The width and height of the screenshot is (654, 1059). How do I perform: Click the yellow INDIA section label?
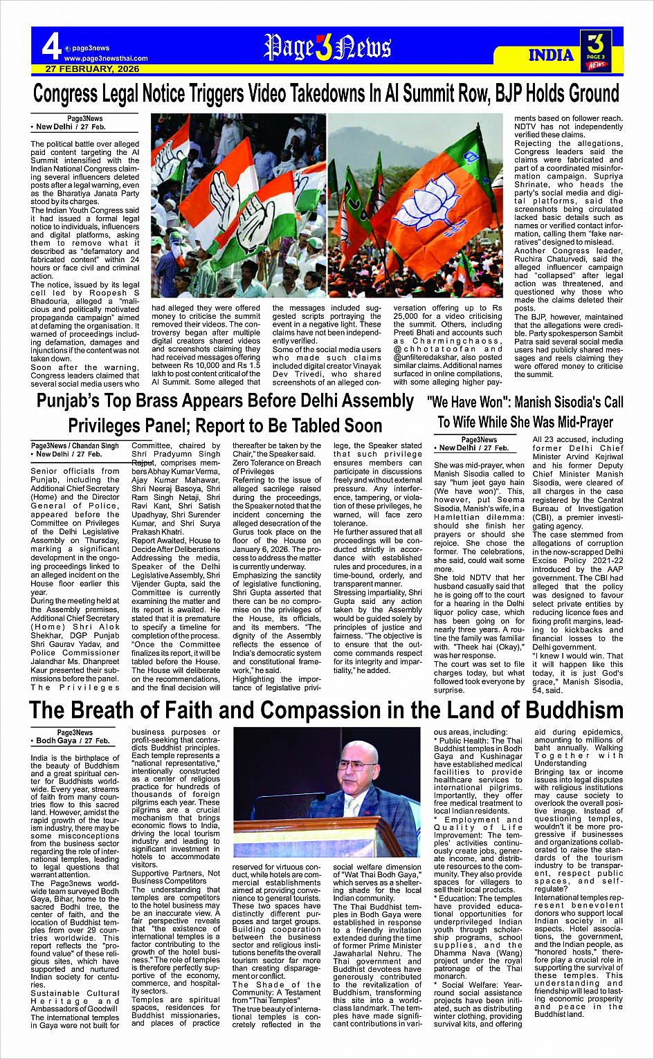coord(551,55)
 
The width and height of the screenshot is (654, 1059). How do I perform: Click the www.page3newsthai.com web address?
coord(105,59)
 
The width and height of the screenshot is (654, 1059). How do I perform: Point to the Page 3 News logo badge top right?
coord(596,50)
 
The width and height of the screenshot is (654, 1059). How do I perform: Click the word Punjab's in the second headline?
coord(75,400)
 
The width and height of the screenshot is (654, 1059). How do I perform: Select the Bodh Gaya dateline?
coord(73,741)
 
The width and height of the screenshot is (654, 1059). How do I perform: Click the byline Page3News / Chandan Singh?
coord(75,446)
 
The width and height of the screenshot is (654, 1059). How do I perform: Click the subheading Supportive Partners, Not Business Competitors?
coord(176,877)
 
